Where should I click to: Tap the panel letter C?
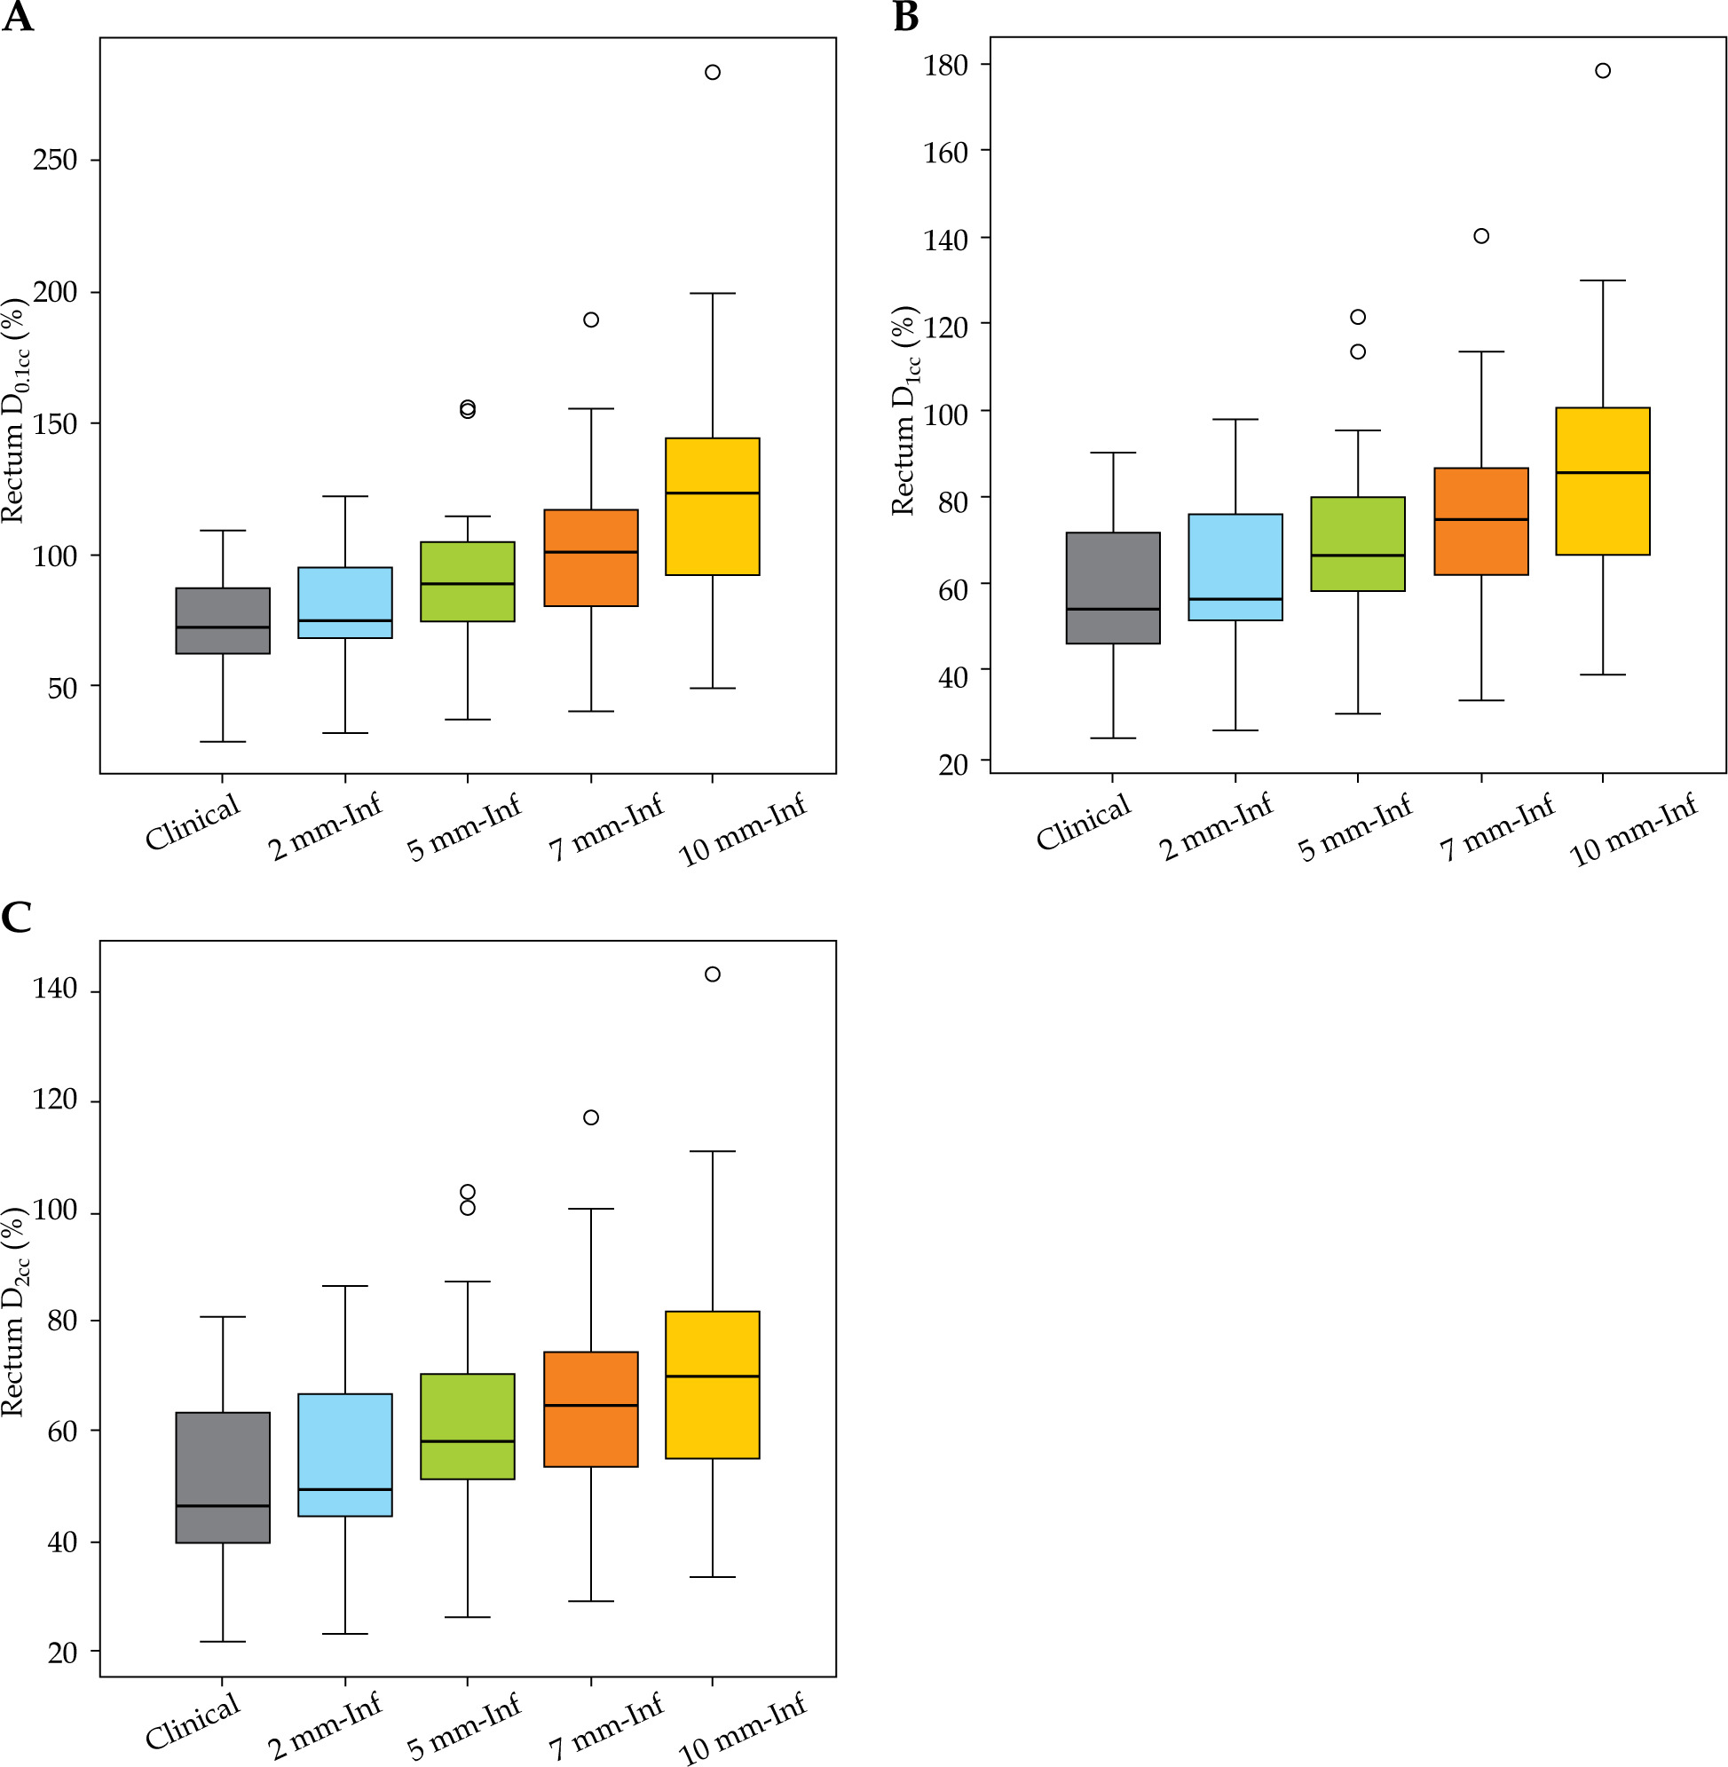(x=16, y=918)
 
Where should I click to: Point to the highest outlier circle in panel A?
(x=713, y=73)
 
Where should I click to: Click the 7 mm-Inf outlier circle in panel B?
(x=1481, y=236)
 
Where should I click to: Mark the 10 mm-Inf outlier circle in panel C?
(x=713, y=974)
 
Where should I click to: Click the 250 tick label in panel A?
(x=54, y=160)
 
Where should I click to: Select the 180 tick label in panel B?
(x=945, y=66)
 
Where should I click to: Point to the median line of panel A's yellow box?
(x=713, y=493)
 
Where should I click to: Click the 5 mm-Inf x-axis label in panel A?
(x=465, y=827)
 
